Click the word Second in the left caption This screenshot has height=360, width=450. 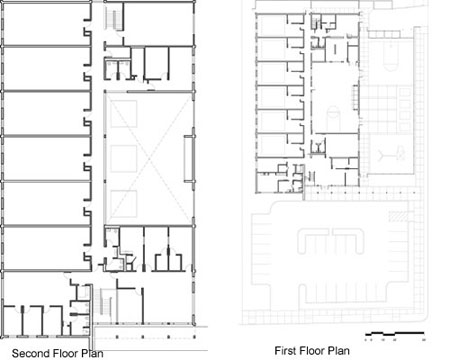click(31, 353)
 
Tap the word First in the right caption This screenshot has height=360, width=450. click(286, 351)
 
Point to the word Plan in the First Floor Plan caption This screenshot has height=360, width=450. click(339, 351)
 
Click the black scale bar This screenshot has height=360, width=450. click(395, 333)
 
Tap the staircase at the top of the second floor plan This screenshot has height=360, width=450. click(113, 19)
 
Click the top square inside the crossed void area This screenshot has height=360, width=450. click(124, 114)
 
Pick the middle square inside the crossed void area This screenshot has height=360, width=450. click(124, 159)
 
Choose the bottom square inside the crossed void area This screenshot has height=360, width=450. click(124, 204)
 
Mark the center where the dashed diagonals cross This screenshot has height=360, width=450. click(149, 159)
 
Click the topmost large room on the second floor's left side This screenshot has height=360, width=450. click(47, 23)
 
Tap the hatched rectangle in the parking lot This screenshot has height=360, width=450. click(399, 216)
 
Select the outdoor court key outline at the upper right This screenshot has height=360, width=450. click(391, 56)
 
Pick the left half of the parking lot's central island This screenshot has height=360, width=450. click(313, 241)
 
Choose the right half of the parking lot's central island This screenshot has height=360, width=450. click(348, 241)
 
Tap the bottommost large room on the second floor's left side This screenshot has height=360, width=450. click(47, 249)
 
